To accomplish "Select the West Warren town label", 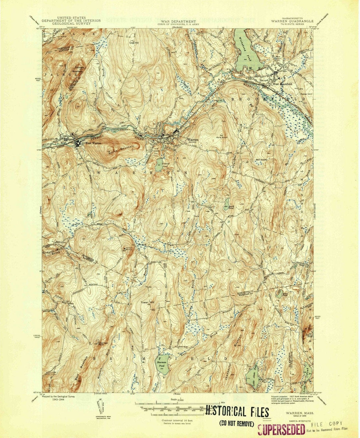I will (x=92, y=143).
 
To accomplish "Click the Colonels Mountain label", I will (x=77, y=69).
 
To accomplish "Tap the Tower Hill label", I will (x=148, y=302).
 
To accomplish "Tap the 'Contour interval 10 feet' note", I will (x=175, y=421).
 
